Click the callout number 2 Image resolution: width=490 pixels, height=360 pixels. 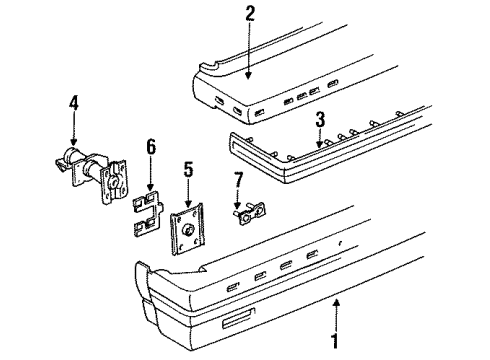(x=250, y=13)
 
